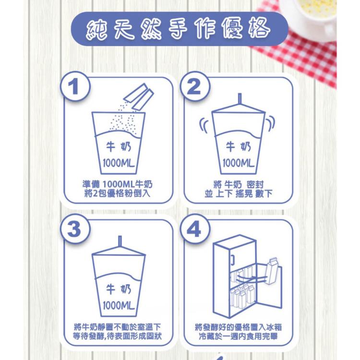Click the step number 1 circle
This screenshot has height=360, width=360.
pyautogui.click(x=75, y=87)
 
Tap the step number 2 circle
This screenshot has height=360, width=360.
pyautogui.click(x=195, y=87)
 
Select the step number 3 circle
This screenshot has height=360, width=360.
pyautogui.click(x=75, y=229)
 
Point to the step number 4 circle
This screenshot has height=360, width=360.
pyautogui.click(x=195, y=229)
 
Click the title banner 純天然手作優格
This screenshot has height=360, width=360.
pyautogui.click(x=180, y=29)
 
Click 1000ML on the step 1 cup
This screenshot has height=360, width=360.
pyautogui.click(x=118, y=163)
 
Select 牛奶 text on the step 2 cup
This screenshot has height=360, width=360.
pyautogui.click(x=238, y=147)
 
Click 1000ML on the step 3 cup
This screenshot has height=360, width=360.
pyautogui.click(x=118, y=305)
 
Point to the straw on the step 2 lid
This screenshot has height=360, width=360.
pyautogui.click(x=240, y=99)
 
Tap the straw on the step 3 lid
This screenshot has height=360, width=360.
pyautogui.click(x=120, y=241)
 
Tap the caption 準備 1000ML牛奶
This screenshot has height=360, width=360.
pyautogui.click(x=117, y=184)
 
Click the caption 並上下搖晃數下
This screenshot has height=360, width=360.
pyautogui.click(x=238, y=193)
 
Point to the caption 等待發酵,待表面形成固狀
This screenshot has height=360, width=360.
pyautogui.click(x=117, y=336)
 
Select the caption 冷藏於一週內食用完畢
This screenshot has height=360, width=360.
pyautogui.click(x=238, y=336)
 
